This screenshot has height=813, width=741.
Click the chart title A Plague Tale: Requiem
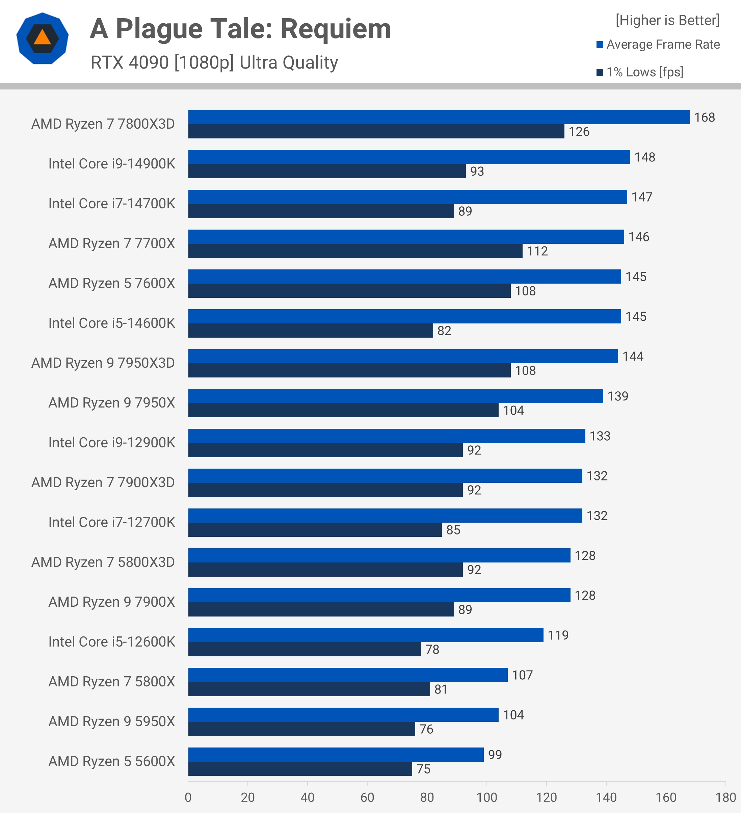[x=240, y=29]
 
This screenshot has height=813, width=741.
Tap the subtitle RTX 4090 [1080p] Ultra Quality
[x=214, y=62]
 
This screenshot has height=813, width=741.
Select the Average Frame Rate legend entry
[x=658, y=44]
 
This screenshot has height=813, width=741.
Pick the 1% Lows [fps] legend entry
[x=640, y=72]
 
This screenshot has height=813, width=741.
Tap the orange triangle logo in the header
[x=42, y=38]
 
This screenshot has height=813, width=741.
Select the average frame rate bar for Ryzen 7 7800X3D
[x=439, y=117]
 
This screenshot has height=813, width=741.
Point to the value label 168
[x=704, y=117]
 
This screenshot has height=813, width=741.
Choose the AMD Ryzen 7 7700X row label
[x=112, y=243]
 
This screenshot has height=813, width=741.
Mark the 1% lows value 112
[x=537, y=251]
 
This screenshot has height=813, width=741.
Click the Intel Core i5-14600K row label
[x=112, y=323]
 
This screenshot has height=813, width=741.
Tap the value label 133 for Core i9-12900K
[x=600, y=436]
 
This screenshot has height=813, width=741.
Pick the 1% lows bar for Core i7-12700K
[x=315, y=529]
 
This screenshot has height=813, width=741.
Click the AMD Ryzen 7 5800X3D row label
[x=103, y=562]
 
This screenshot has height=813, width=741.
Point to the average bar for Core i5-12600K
[x=365, y=635]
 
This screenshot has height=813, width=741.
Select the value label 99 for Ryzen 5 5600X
[x=495, y=755]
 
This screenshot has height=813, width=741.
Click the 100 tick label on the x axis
[x=486, y=797]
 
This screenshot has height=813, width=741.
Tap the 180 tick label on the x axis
[x=725, y=797]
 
